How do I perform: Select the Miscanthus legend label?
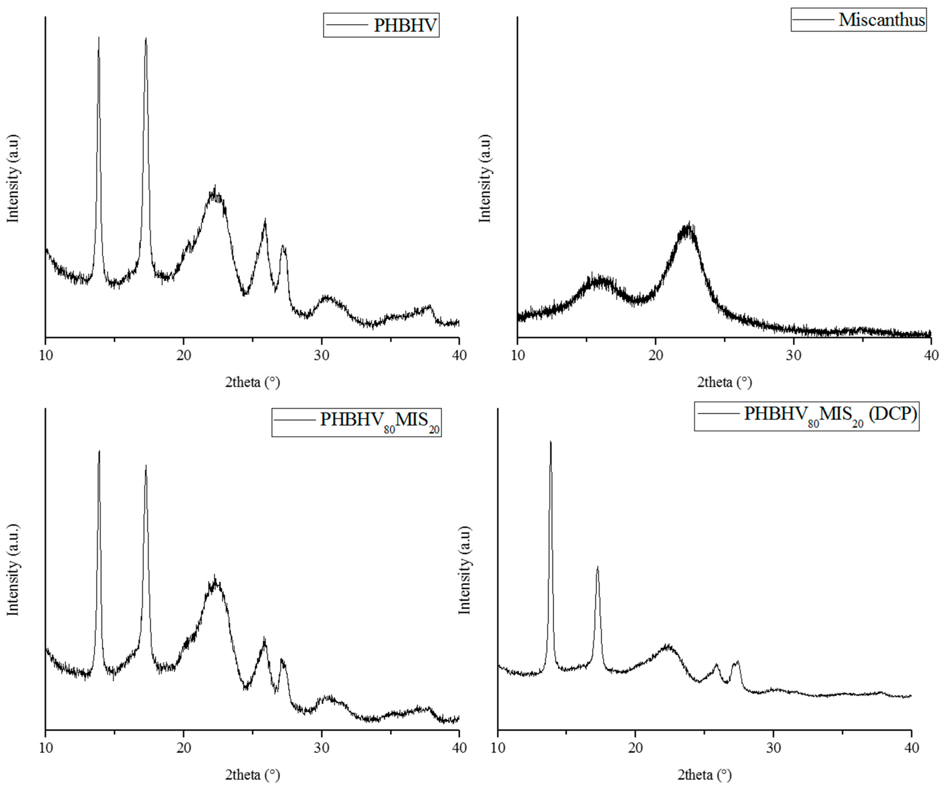point(881,20)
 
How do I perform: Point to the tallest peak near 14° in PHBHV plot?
point(99,38)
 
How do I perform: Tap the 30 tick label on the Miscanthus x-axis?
point(793,355)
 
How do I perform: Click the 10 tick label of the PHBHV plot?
point(45,355)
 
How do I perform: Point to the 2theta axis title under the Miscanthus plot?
point(724,382)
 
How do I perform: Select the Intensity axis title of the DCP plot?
point(465,570)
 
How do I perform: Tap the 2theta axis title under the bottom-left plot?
point(252,775)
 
